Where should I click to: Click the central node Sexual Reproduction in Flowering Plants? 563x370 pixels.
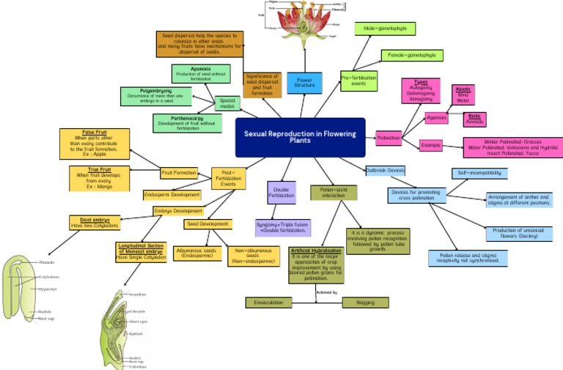(x=300, y=138)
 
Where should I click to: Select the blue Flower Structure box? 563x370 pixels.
(x=304, y=82)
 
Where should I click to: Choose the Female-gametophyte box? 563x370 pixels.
(x=412, y=55)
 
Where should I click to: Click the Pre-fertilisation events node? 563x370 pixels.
(x=359, y=81)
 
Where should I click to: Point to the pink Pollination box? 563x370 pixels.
(x=389, y=137)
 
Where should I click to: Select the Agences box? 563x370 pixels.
(x=436, y=118)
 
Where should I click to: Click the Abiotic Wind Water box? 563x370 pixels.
(x=463, y=95)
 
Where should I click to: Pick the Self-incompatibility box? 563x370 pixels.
(x=479, y=173)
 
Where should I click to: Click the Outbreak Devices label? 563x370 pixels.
(x=386, y=170)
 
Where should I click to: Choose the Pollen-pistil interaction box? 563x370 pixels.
(x=334, y=193)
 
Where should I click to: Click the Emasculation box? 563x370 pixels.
(x=268, y=302)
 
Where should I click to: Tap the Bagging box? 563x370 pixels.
(x=365, y=302)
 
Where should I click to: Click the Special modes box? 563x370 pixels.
(x=227, y=103)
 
